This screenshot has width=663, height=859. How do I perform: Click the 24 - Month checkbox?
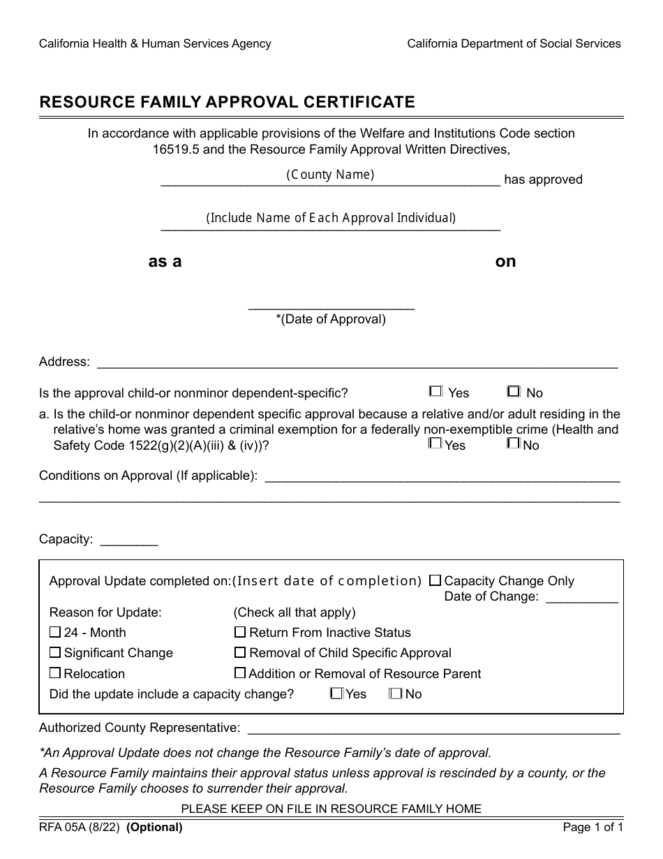[56, 633]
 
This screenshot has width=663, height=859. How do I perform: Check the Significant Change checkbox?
[56, 653]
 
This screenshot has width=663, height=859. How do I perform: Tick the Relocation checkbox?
[56, 674]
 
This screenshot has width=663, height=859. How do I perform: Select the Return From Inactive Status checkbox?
[240, 633]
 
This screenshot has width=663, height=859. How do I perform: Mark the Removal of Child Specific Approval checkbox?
[240, 653]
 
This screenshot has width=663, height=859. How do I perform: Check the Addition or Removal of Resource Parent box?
[240, 674]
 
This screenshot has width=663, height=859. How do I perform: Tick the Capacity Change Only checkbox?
[435, 580]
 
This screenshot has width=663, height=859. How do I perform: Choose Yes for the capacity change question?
[336, 693]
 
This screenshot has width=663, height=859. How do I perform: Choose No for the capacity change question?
[396, 693]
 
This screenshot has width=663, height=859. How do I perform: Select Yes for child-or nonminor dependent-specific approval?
[436, 392]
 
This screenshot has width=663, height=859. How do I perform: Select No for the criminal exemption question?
[514, 443]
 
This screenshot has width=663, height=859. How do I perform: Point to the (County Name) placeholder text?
[330, 175]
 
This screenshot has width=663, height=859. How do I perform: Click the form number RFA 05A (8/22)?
[80, 828]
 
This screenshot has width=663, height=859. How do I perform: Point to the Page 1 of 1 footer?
[593, 828]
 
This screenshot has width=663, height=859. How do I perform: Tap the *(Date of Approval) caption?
[331, 319]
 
